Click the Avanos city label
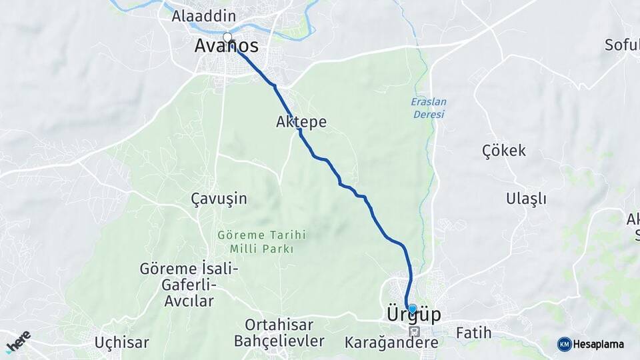tap(226, 47)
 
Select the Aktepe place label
tap(301, 122)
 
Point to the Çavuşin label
tap(219, 199)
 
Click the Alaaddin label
tap(195, 16)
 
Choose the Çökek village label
tap(504, 151)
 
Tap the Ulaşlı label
tap(526, 199)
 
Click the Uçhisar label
tap(121, 343)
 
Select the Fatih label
tap(473, 332)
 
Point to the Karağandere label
tap(391, 343)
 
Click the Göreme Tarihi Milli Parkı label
tap(261, 242)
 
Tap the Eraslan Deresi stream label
tap(429, 108)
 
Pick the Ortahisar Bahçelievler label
tap(279, 333)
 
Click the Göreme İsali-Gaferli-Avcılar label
tap(189, 285)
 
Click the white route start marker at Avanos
tap(227, 37)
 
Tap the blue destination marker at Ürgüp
tap(412, 309)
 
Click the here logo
tap(18, 341)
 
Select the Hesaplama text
tap(598, 345)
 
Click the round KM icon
tap(564, 344)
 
